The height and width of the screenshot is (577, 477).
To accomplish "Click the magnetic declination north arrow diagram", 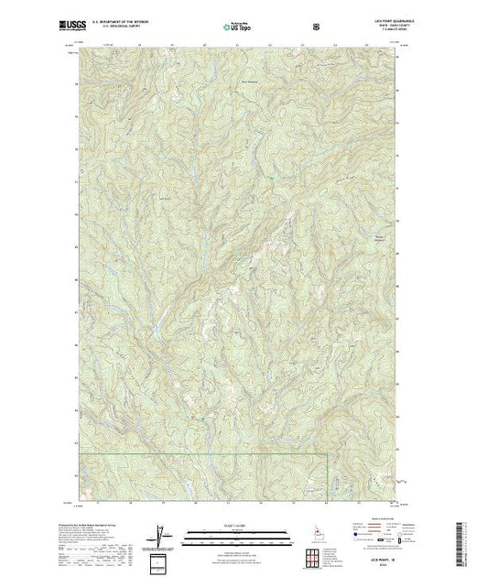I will click(x=162, y=533).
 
